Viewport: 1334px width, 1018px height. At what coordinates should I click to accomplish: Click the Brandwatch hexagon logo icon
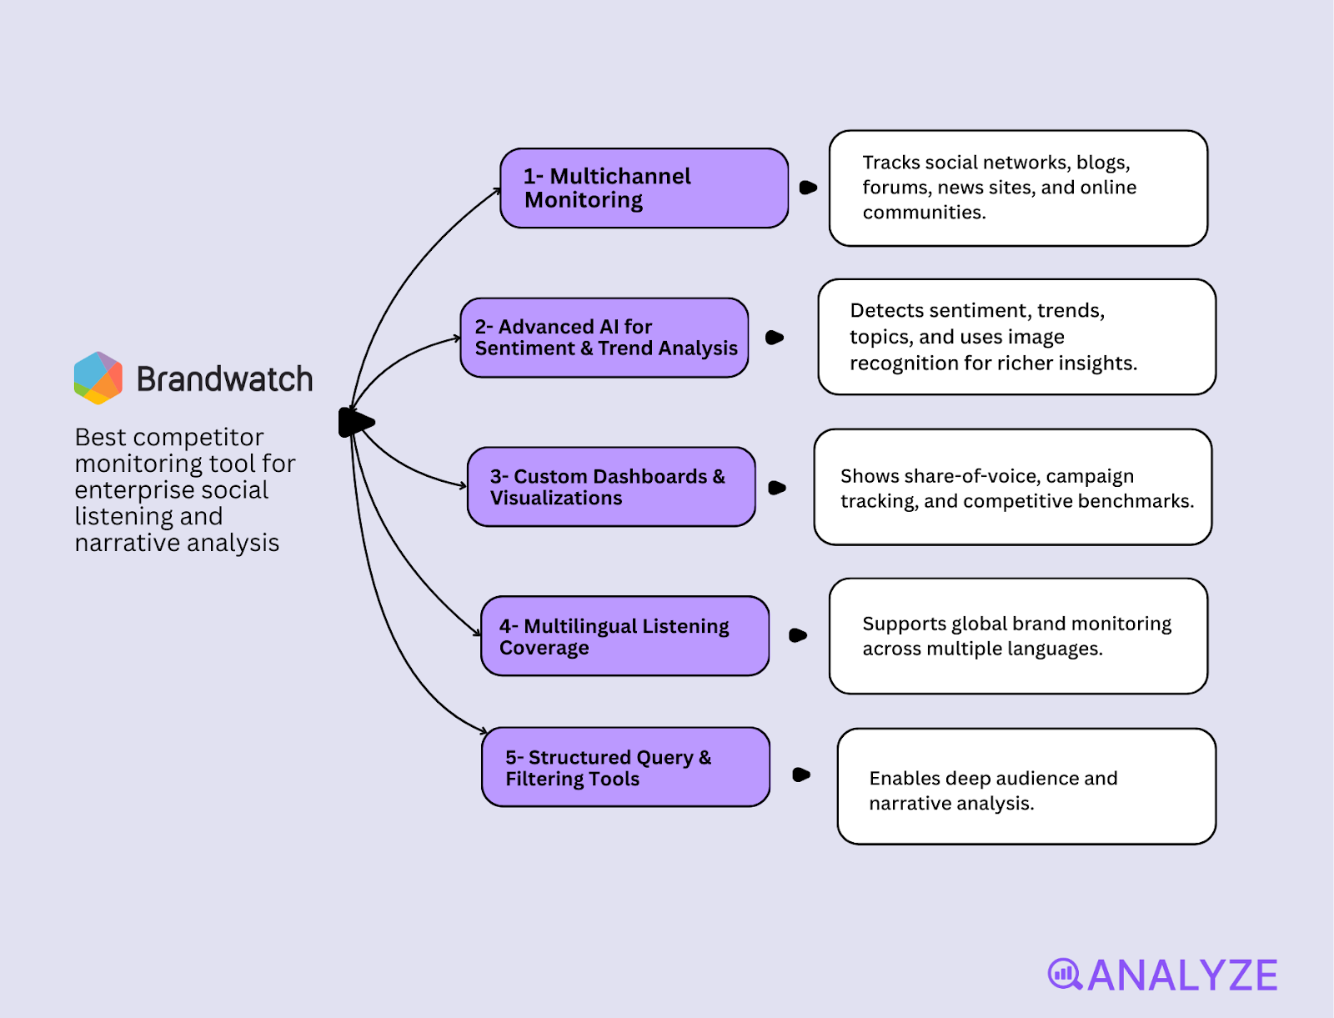coord(98,378)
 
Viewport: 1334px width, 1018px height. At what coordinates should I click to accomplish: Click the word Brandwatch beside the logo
coord(224,379)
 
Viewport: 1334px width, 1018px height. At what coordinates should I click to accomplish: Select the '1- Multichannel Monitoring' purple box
coord(644,188)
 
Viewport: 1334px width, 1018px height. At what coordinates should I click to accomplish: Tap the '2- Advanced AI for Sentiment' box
coord(604,338)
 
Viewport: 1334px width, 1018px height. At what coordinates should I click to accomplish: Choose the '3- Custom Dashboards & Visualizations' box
coord(611,487)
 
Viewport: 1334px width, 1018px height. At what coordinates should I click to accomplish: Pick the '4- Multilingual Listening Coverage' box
coord(624,636)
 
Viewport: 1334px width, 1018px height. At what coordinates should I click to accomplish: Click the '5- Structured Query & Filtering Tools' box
coord(625,767)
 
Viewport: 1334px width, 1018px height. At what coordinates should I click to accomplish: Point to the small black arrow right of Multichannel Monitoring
coord(807,188)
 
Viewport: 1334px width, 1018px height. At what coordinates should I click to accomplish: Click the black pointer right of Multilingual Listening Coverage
coord(797,635)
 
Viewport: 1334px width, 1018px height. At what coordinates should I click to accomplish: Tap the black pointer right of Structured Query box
coord(800,775)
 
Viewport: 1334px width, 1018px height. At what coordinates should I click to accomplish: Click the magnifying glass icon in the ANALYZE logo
coord(1064,974)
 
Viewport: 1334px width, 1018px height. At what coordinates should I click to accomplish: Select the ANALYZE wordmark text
coord(1182,975)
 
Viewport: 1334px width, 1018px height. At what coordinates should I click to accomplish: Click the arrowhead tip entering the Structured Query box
coord(484,731)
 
